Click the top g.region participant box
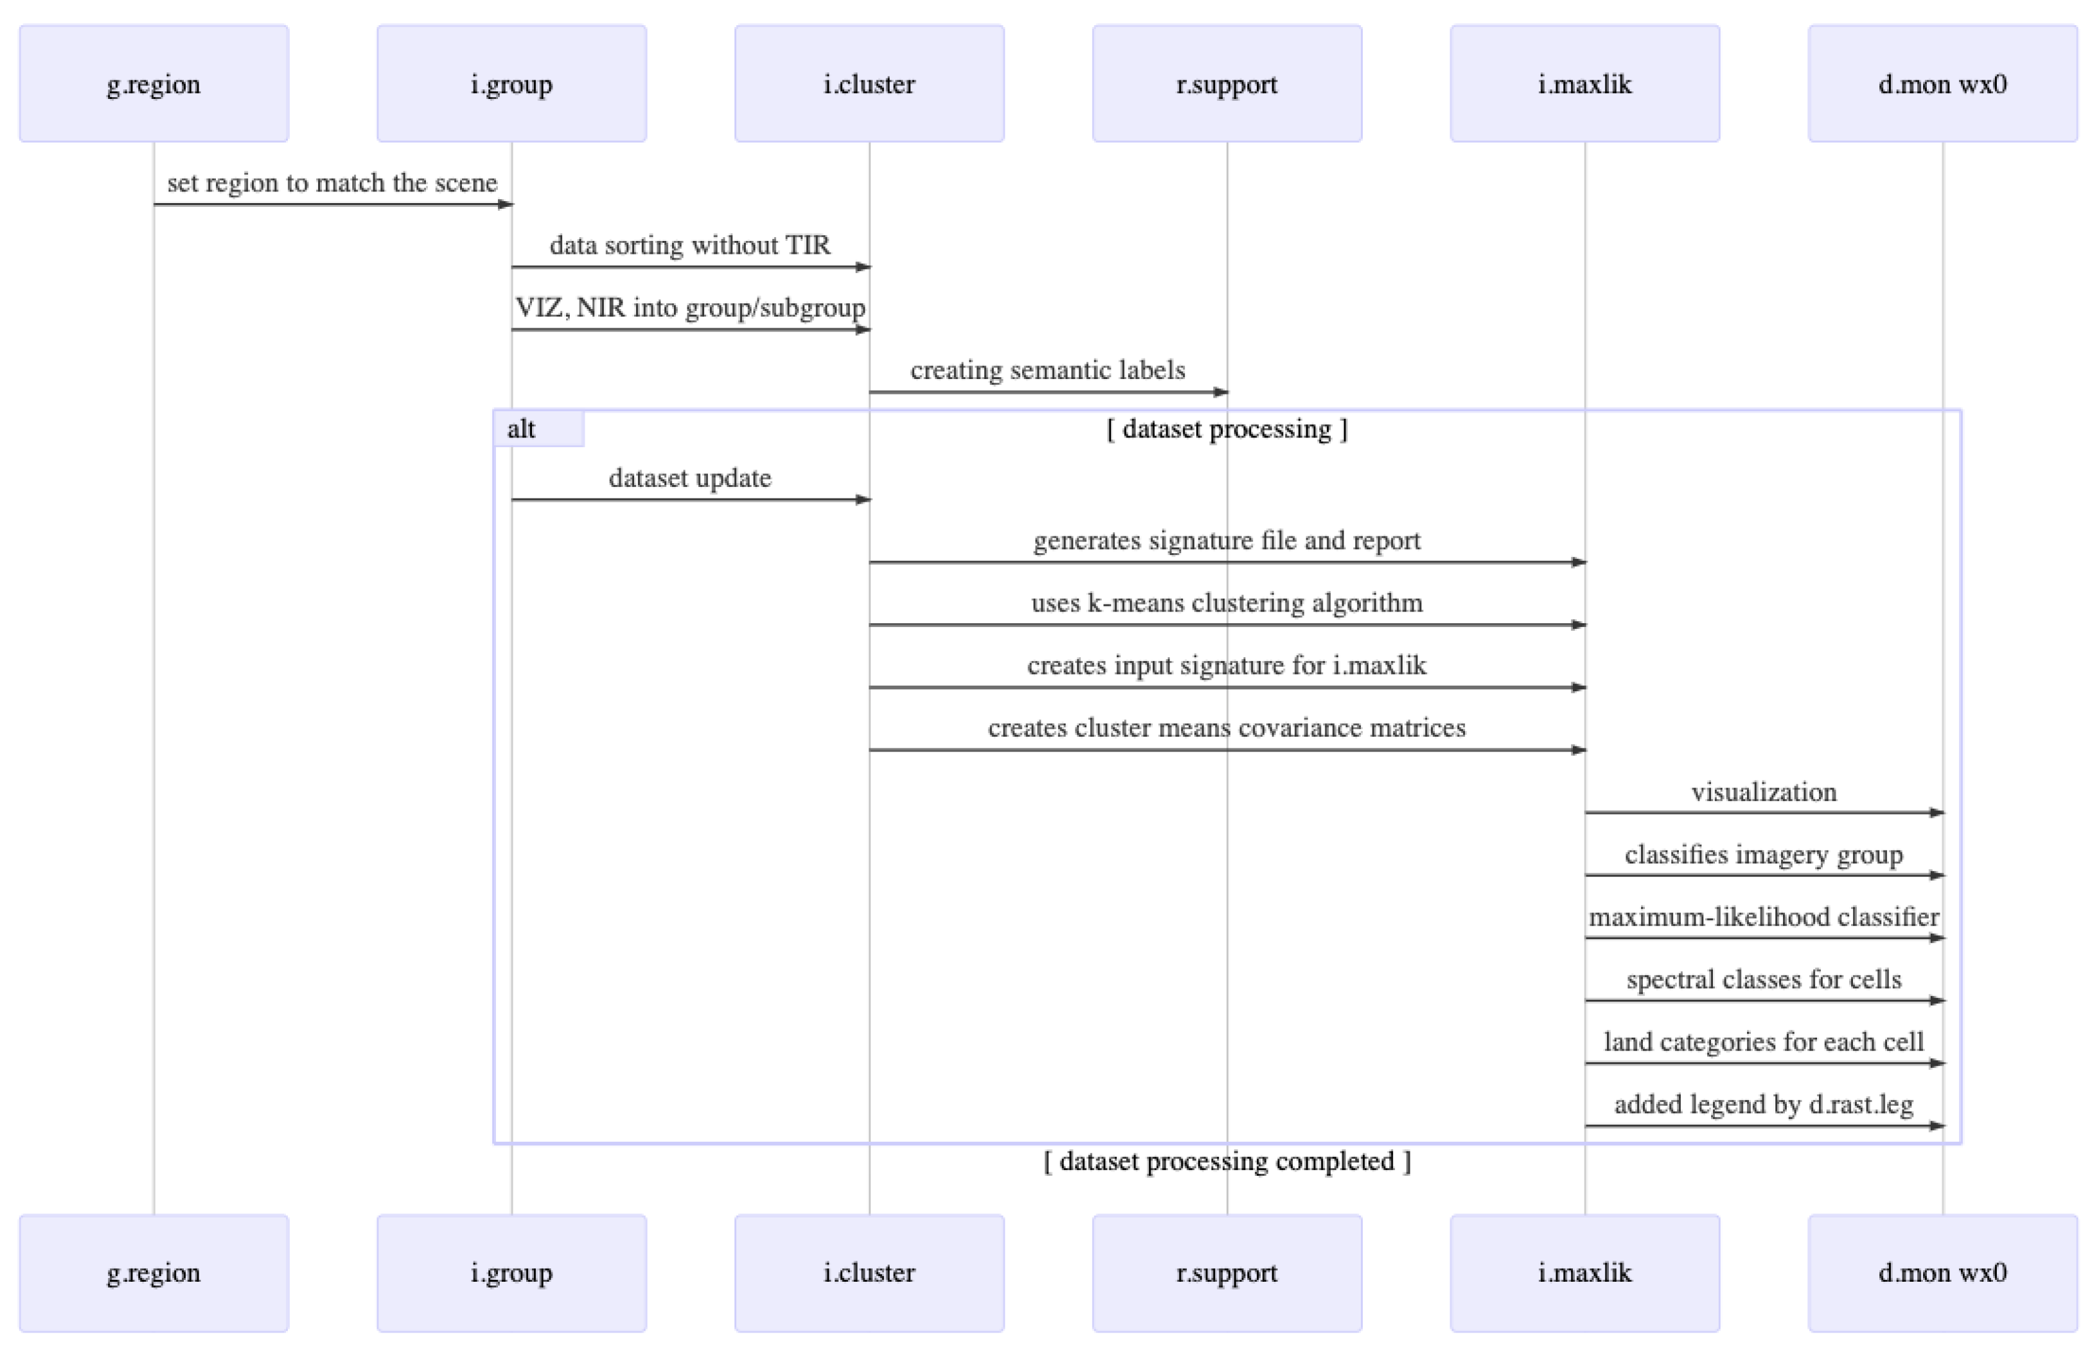pyautogui.click(x=154, y=84)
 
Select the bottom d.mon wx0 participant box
pyautogui.click(x=1942, y=1273)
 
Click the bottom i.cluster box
pyautogui.click(x=869, y=1273)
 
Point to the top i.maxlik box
pyautogui.click(x=1584, y=84)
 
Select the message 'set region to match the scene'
pyautogui.click(x=332, y=182)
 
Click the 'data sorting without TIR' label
pyautogui.click(x=689, y=245)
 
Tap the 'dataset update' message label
pyautogui.click(x=689, y=478)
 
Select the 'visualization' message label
pyautogui.click(x=1764, y=792)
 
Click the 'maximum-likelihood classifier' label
pyautogui.click(x=1764, y=917)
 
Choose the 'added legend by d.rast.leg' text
pyautogui.click(x=1764, y=1105)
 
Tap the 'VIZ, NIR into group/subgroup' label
pyautogui.click(x=689, y=308)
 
